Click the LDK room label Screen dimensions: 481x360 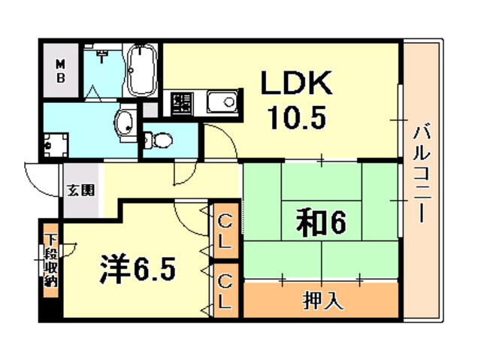click(x=296, y=83)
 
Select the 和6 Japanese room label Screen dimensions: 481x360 click(x=321, y=223)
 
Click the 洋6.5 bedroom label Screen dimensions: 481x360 click(x=138, y=268)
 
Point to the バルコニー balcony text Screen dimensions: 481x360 click(x=422, y=173)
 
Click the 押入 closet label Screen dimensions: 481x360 click(x=323, y=300)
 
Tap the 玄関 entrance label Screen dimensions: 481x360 click(x=81, y=190)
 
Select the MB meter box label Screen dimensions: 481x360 click(x=61, y=71)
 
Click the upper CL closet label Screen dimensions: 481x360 click(x=225, y=231)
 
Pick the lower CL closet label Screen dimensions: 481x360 click(x=225, y=292)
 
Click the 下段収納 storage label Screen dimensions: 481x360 click(x=51, y=260)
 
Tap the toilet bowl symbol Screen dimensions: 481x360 click(x=158, y=140)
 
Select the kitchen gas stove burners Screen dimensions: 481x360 click(x=182, y=103)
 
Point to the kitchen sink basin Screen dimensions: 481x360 click(x=222, y=101)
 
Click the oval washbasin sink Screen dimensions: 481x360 click(x=126, y=123)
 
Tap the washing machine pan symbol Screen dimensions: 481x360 click(x=55, y=145)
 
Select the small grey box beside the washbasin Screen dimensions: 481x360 click(x=150, y=110)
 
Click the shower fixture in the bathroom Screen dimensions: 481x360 click(x=101, y=55)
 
